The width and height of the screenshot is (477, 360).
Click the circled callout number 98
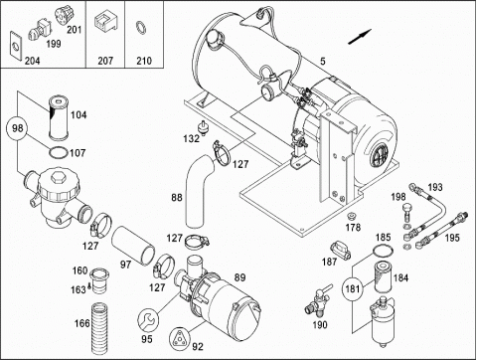(17, 128)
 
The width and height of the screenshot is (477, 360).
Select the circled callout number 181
(353, 288)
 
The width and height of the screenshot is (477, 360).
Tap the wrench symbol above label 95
(148, 319)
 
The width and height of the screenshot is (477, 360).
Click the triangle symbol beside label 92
(179, 338)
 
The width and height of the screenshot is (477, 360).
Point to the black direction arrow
(360, 37)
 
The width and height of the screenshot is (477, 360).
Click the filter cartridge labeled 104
(58, 117)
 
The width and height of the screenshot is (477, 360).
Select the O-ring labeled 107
(59, 153)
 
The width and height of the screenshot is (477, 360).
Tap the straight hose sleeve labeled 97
(133, 246)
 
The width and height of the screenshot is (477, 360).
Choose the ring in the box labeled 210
(141, 28)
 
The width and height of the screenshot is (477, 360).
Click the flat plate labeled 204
(15, 48)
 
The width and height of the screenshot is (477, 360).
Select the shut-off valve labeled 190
(317, 301)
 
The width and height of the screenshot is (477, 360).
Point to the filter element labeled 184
(383, 277)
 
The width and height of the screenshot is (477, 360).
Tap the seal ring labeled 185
(384, 251)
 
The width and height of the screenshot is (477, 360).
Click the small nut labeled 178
(352, 217)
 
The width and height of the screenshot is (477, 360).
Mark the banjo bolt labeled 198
(406, 212)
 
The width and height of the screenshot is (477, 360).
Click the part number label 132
(192, 138)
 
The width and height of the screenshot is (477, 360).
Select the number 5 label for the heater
(323, 61)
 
